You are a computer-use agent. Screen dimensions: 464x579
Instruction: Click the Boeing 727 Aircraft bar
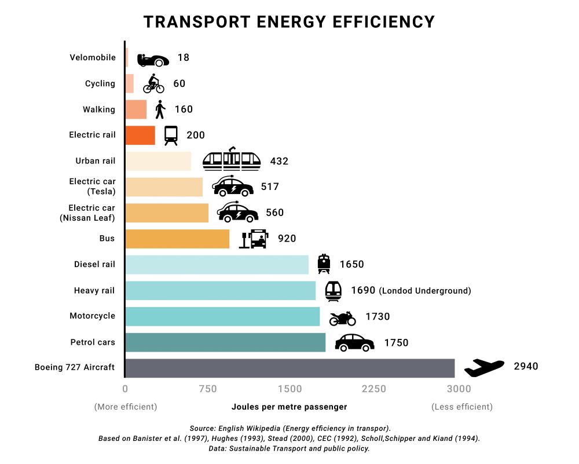[x=289, y=368]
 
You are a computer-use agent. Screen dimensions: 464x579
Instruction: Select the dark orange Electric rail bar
[x=140, y=135]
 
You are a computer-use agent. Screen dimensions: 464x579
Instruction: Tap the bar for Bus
[x=177, y=239]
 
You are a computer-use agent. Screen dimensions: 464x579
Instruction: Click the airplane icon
[x=485, y=367]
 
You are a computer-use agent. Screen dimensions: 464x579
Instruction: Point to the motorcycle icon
[x=342, y=318]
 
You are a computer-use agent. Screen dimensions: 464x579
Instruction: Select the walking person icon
[x=160, y=109]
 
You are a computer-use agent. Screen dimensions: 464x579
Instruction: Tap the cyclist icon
[x=153, y=83]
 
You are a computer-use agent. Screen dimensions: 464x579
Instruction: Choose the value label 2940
[x=526, y=366]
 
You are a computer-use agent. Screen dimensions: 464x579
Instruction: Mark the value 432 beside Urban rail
[x=279, y=161]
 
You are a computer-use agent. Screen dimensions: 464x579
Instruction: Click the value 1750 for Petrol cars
[x=396, y=343]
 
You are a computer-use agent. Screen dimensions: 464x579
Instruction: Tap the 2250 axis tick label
[x=373, y=389]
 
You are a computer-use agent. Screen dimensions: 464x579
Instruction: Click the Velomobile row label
[x=93, y=57]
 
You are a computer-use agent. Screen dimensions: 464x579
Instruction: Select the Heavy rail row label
[x=94, y=290]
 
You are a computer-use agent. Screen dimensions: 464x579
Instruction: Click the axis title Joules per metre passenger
[x=289, y=407]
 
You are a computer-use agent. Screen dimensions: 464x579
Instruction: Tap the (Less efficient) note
[x=462, y=407]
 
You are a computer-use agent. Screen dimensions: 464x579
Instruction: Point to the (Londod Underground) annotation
[x=425, y=291]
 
